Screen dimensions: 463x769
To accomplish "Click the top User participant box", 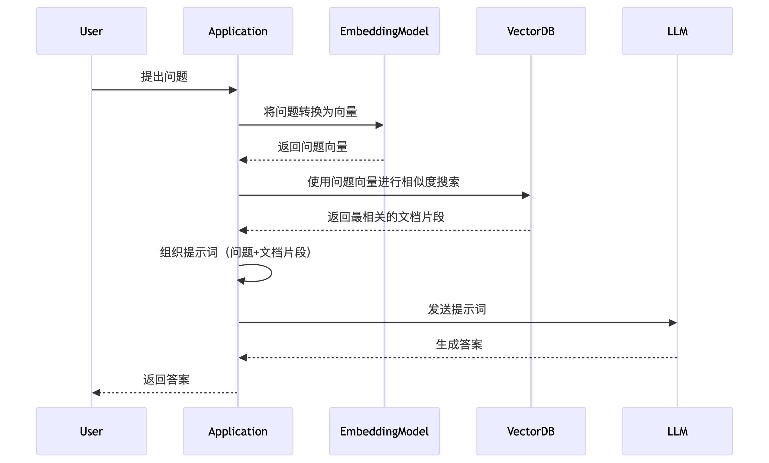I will (x=91, y=31).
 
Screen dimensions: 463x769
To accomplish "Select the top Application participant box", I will (x=238, y=31).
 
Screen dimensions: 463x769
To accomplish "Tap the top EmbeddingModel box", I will (x=384, y=31).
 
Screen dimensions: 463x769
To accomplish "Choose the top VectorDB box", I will (x=531, y=31).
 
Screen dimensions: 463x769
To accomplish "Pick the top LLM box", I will (x=677, y=31).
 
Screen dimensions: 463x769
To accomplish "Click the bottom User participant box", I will (x=91, y=431).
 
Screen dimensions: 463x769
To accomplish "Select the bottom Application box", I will (x=238, y=431).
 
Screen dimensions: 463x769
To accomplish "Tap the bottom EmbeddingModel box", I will (x=384, y=431).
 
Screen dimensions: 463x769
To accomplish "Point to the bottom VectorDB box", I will (x=531, y=431).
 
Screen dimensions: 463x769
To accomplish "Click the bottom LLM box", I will (x=677, y=431).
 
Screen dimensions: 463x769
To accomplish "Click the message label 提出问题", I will (x=164, y=77).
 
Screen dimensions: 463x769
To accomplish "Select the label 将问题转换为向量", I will (x=310, y=112).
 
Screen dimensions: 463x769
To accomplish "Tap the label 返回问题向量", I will (x=313, y=147).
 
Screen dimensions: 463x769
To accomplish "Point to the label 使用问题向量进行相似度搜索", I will (x=383, y=182).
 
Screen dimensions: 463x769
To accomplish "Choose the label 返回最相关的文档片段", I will (x=386, y=217).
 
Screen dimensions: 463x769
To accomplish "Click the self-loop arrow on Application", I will (x=264, y=273).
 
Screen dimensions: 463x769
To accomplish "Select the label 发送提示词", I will (x=457, y=309).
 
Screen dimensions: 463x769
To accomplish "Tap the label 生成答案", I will (x=459, y=344).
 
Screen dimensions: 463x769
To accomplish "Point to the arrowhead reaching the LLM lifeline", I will (x=672, y=323).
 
